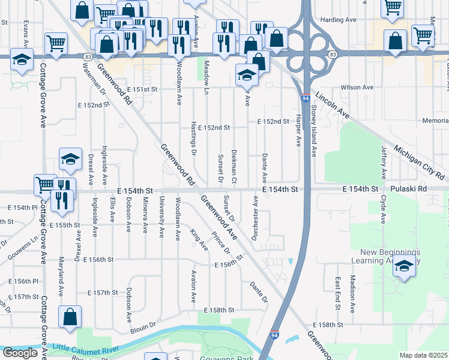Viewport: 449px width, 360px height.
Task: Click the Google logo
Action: click(x=19, y=353)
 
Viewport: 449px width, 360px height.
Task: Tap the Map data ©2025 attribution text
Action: click(x=423, y=355)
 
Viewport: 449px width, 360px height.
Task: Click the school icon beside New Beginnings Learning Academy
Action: click(x=405, y=266)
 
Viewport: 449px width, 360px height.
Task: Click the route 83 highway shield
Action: click(x=88, y=56)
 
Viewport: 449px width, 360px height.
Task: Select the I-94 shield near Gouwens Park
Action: click(x=274, y=335)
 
